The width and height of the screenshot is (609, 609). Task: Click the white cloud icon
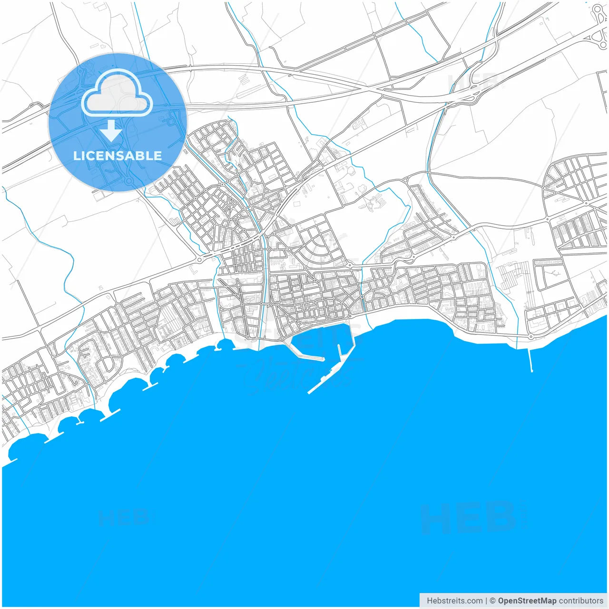117,94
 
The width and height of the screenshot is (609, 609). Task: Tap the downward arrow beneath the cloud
111,131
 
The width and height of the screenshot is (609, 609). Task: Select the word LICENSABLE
117,156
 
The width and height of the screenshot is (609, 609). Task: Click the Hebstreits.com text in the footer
454,601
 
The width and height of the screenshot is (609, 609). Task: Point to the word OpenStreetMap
527,601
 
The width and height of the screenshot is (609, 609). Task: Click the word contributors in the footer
581,601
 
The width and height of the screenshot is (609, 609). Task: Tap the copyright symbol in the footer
492,601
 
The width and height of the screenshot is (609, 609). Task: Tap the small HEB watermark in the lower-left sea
124,518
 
